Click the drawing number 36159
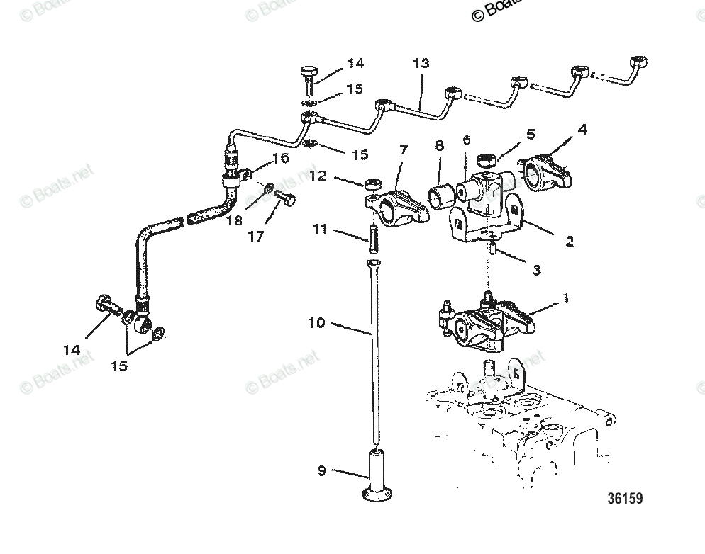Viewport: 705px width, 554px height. pyautogui.click(x=624, y=499)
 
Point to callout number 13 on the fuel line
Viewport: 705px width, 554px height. pyautogui.click(x=421, y=64)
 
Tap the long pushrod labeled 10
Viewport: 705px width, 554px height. pyautogui.click(x=372, y=354)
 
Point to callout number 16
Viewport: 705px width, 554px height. pyautogui.click(x=281, y=157)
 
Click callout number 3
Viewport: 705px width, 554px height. pyautogui.click(x=537, y=269)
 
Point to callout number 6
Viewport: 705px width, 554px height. pyautogui.click(x=466, y=140)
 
